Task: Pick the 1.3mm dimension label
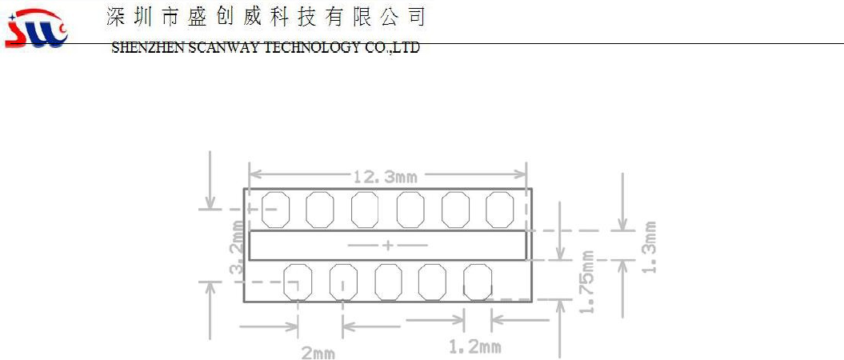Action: [650, 246]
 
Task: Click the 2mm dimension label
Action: [318, 352]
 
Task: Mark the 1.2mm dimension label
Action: [475, 346]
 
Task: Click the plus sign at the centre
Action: [388, 246]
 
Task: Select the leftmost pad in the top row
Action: [274, 209]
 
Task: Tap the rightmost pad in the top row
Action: [500, 209]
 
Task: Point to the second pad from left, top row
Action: [319, 209]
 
